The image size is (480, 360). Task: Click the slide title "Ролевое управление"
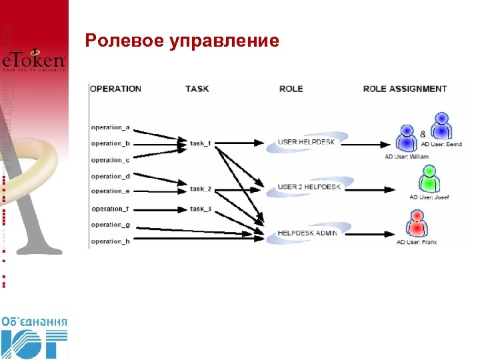click(182, 41)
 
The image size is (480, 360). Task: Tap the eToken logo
click(34, 61)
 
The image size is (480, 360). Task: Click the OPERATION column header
click(116, 89)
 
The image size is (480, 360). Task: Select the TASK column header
click(197, 89)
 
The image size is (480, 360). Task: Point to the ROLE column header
click(291, 89)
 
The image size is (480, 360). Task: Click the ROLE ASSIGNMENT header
click(405, 89)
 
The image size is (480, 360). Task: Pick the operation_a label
click(111, 127)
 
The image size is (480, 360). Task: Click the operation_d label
click(111, 177)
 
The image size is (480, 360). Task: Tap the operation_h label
click(111, 241)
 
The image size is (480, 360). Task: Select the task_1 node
click(201, 143)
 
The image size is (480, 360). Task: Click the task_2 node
click(201, 189)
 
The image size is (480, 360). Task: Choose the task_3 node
click(201, 209)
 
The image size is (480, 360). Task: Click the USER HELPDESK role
click(306, 142)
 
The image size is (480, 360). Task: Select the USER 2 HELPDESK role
click(309, 187)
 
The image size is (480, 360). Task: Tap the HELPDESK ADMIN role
click(307, 233)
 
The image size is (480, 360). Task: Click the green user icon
click(428, 178)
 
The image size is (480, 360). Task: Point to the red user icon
click(418, 223)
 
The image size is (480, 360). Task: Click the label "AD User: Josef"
click(429, 197)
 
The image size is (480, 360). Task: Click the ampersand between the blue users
click(423, 134)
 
